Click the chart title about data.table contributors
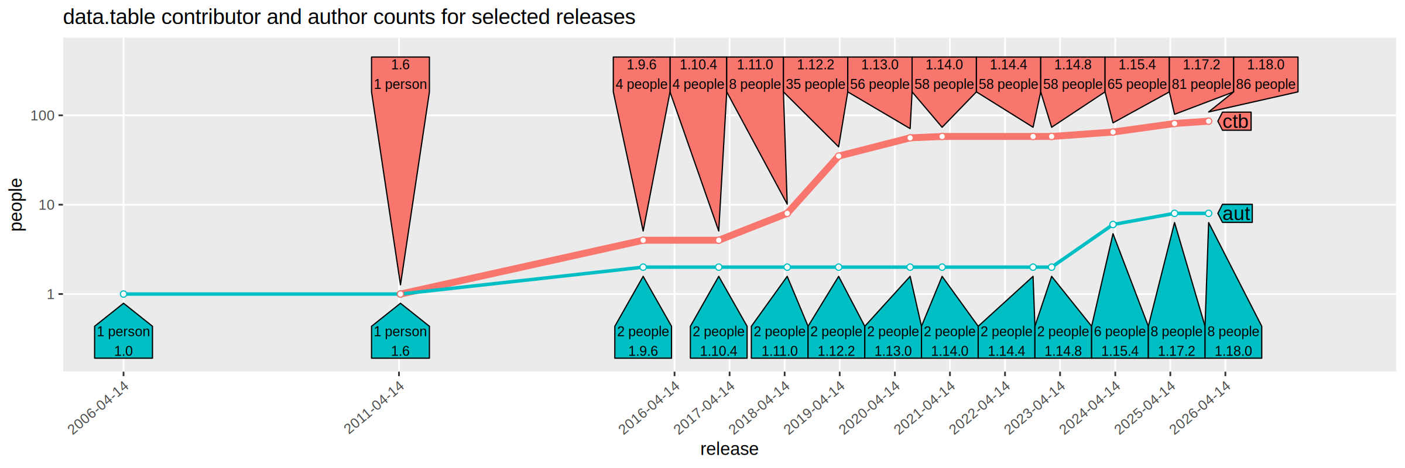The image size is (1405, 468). tap(349, 17)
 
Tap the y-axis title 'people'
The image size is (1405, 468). tap(16, 205)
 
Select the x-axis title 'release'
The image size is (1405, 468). tap(729, 449)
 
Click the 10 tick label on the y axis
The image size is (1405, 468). tap(46, 205)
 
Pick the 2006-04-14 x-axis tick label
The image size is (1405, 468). tap(99, 408)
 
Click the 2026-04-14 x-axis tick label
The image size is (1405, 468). tap(1201, 408)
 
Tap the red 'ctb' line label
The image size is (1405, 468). tap(1235, 122)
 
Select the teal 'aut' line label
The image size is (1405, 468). tap(1236, 214)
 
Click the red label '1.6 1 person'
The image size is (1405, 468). tap(400, 75)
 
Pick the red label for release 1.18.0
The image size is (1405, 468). tap(1266, 75)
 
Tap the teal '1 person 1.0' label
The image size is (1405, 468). tap(124, 341)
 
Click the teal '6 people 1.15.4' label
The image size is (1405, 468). tap(1120, 341)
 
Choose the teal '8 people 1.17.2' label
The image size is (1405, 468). tap(1177, 341)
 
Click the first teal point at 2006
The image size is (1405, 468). tap(124, 294)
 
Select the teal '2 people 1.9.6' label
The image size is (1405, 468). tap(643, 341)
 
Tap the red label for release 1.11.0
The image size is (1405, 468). tap(755, 75)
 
